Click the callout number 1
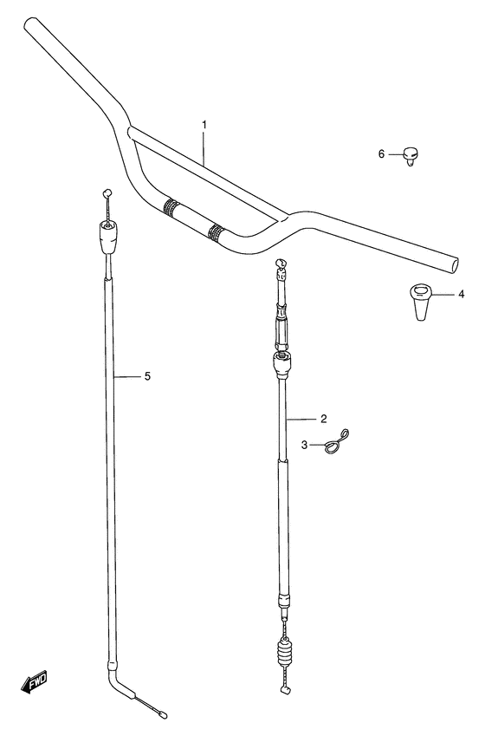[x=204, y=126]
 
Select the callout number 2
[x=323, y=419]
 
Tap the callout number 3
[x=304, y=445]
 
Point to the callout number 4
[x=461, y=295]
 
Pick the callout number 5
[x=147, y=376]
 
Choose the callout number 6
[x=380, y=154]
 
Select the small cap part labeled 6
[x=410, y=156]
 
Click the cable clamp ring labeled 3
[x=334, y=445]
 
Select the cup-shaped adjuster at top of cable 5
[x=109, y=236]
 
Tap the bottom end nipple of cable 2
[x=285, y=690]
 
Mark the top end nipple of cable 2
[x=279, y=262]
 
